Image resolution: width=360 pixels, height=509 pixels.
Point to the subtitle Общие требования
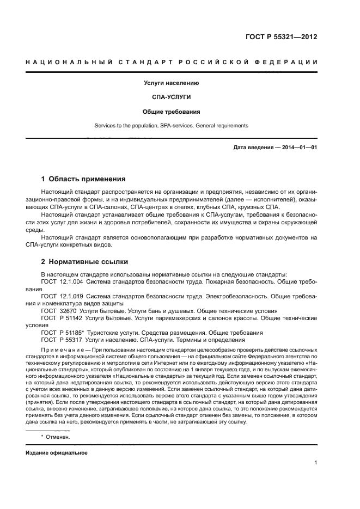171,112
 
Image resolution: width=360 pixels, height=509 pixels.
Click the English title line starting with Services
171,126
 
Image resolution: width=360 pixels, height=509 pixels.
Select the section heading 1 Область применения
84,179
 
